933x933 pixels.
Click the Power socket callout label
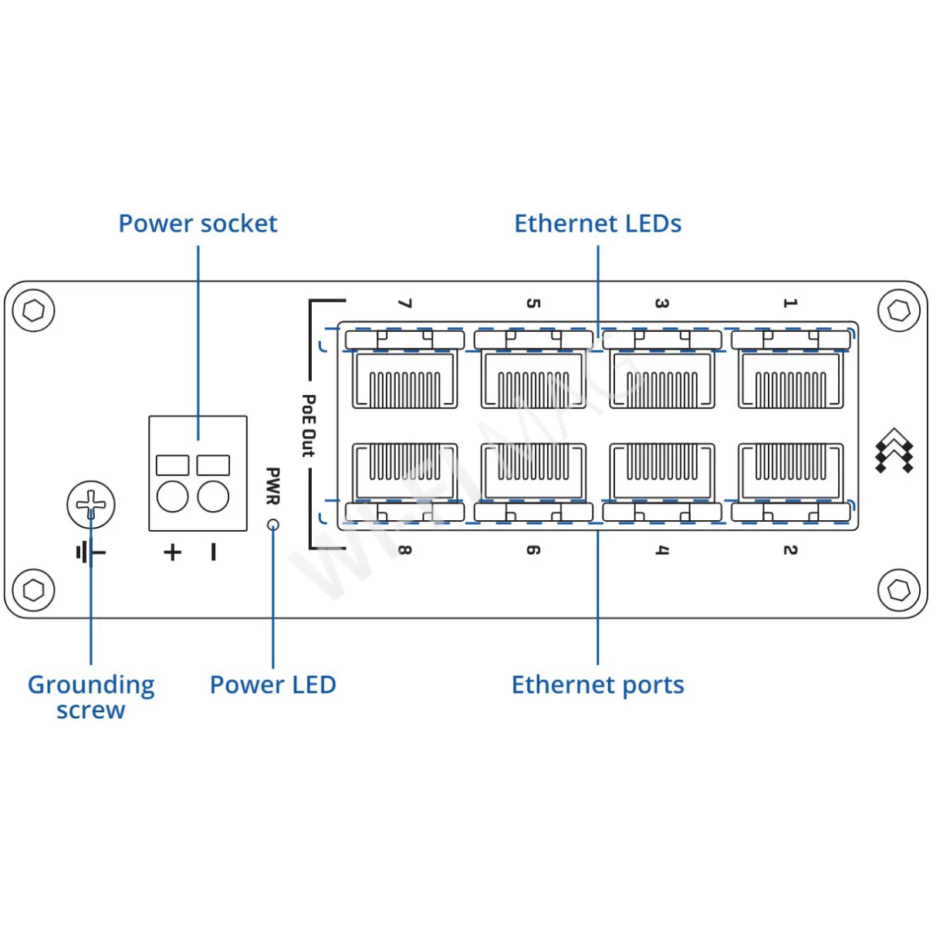tap(198, 224)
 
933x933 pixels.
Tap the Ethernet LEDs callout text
tap(597, 224)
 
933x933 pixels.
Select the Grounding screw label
tap(91, 697)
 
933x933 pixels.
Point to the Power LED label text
tap(272, 685)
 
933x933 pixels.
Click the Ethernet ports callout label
tap(597, 685)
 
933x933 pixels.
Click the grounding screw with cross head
tap(91, 505)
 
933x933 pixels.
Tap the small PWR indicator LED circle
tap(272, 525)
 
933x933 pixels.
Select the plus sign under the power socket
tap(172, 552)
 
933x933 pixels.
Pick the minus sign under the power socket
tap(213, 552)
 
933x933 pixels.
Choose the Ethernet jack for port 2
tap(790, 471)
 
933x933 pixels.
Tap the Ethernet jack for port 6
tap(533, 471)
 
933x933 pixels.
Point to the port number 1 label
tap(789, 303)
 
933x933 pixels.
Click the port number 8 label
tap(404, 550)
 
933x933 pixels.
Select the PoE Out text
tap(309, 425)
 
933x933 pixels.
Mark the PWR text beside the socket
tap(272, 486)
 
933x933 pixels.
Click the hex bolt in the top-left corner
tap(34, 310)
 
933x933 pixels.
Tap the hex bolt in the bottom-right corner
tap(898, 590)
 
